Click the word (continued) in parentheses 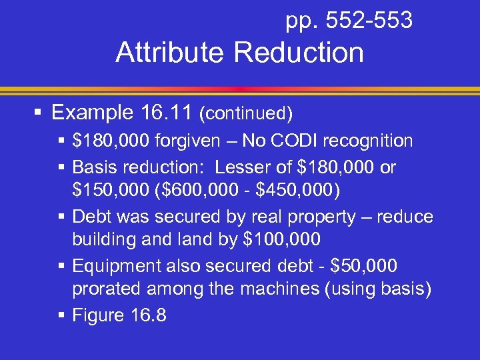tap(246, 114)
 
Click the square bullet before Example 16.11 tap(39, 113)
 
